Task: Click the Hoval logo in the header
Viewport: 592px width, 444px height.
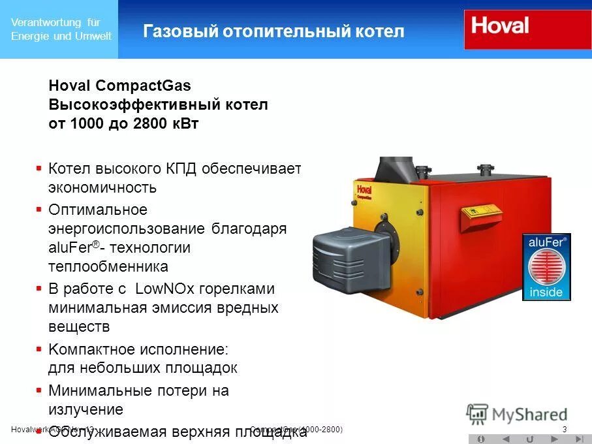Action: [500, 27]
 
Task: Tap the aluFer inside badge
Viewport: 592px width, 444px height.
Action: [546, 266]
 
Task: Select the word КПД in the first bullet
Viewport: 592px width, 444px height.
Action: [178, 169]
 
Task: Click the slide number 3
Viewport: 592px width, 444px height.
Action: [565, 429]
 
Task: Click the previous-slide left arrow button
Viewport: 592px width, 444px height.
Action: [505, 439]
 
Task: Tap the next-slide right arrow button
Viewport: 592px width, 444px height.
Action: [554, 439]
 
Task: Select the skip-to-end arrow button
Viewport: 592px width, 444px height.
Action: [578, 439]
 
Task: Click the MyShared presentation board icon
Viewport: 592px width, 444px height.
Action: [477, 414]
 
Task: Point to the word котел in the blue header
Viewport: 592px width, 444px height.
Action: [381, 31]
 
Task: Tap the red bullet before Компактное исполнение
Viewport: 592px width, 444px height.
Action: [39, 349]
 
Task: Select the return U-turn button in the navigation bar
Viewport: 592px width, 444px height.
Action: [529, 439]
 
